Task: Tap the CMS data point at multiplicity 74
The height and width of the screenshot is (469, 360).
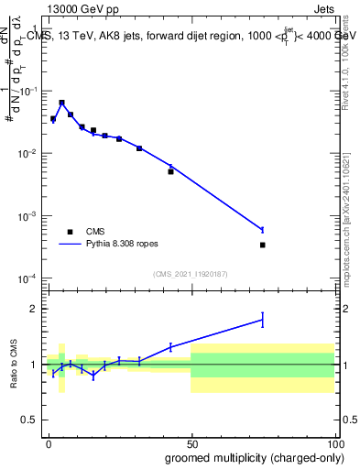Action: pyautogui.click(x=262, y=245)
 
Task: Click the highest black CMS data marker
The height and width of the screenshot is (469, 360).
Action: pyautogui.click(x=61, y=103)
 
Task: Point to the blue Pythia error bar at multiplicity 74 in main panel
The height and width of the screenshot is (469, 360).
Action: pyautogui.click(x=262, y=229)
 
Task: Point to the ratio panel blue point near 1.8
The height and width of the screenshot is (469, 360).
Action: pyautogui.click(x=262, y=319)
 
